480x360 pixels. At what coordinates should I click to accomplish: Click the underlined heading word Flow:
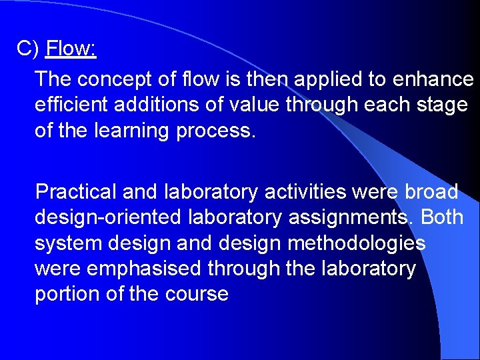71,49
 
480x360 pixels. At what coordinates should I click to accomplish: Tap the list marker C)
29,49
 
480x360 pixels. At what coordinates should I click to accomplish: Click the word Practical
75,192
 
